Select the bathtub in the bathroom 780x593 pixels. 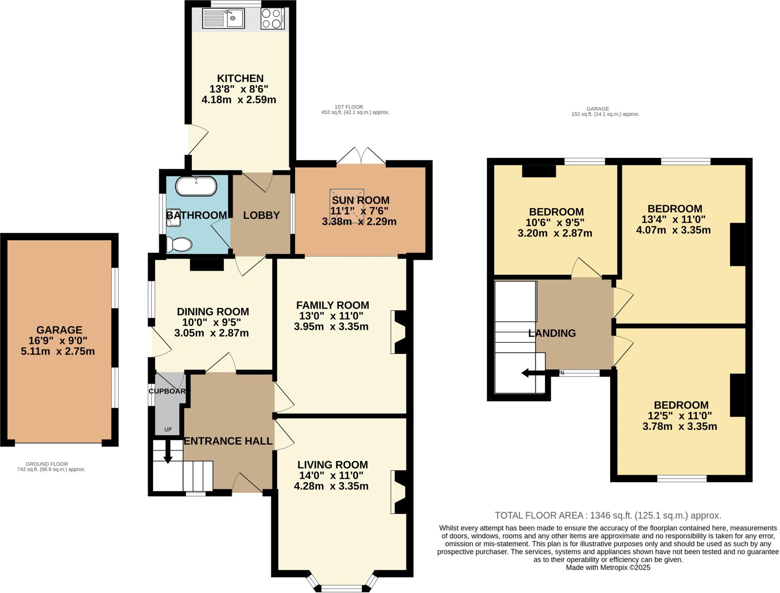tap(196, 186)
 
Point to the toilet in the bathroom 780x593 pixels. tap(179, 244)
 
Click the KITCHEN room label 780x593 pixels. tap(240, 79)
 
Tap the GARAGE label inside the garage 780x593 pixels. tap(59, 330)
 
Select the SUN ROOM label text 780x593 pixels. tap(360, 200)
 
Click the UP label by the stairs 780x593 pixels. tap(168, 430)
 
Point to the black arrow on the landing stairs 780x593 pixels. tap(535, 373)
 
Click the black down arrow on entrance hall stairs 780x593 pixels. tap(167, 456)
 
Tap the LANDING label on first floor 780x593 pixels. tap(552, 333)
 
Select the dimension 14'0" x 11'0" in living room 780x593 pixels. tap(331, 475)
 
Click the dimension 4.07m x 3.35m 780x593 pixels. tap(673, 230)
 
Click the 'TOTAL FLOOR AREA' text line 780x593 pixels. tap(607, 516)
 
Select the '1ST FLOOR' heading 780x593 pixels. tap(348, 107)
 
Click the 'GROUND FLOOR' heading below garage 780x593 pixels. tap(47, 464)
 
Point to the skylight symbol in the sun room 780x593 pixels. tap(347, 206)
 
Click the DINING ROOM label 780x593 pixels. tap(213, 312)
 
